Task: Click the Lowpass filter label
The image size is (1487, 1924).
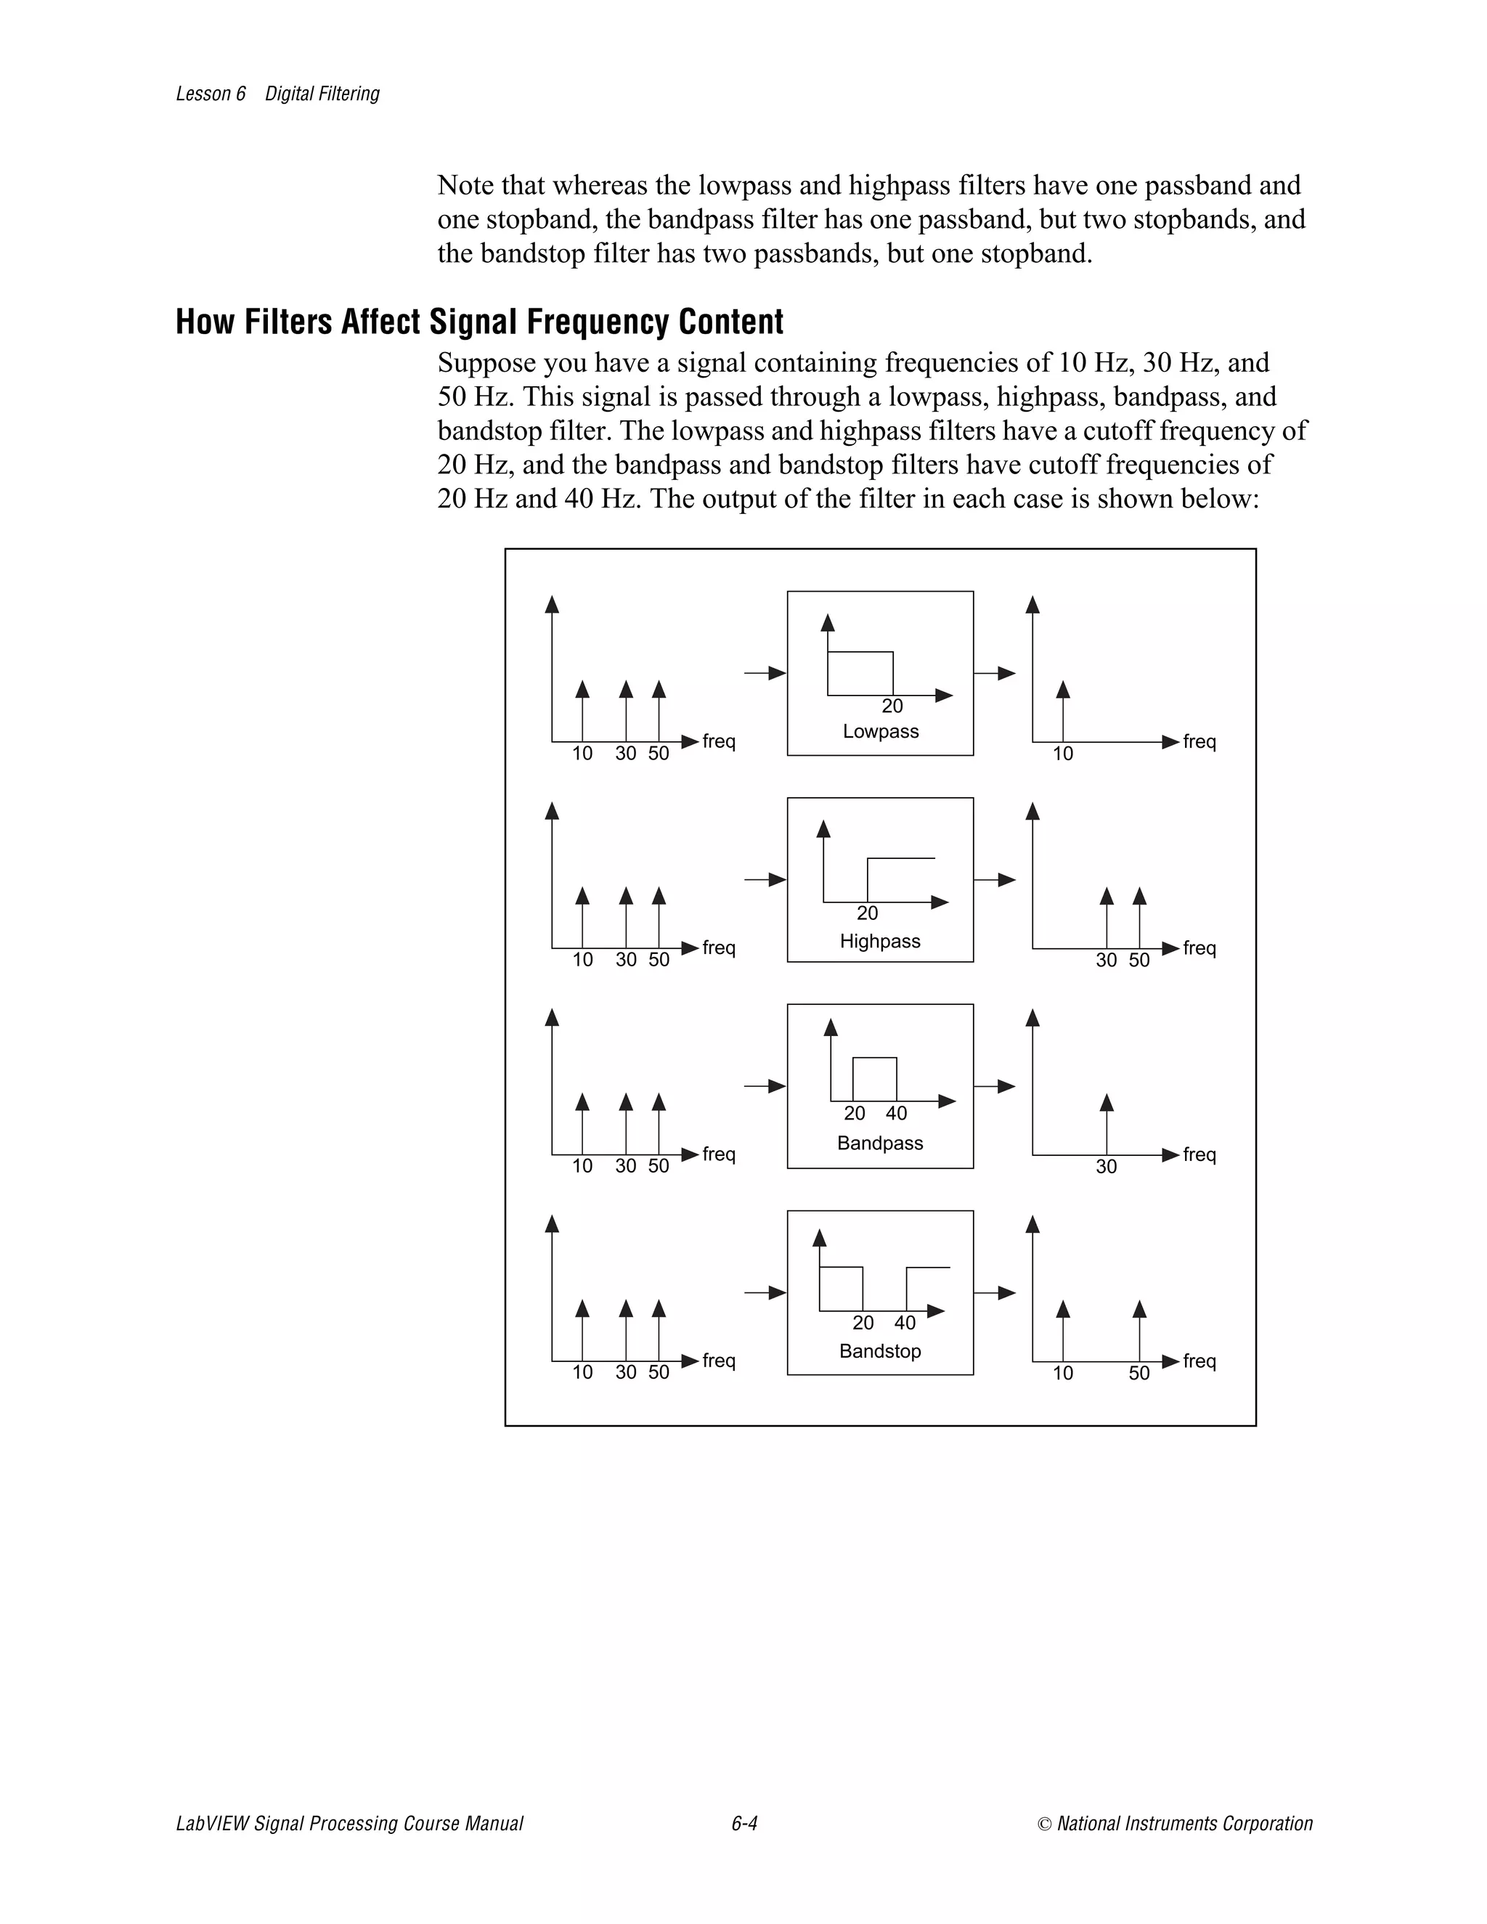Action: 880,731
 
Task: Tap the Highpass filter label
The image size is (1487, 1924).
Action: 879,941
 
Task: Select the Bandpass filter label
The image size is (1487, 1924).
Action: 879,1143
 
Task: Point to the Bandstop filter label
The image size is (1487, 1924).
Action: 879,1350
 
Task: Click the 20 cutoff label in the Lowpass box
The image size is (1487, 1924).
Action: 892,706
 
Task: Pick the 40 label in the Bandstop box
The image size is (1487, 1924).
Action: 905,1322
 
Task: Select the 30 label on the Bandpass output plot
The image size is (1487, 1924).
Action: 1106,1167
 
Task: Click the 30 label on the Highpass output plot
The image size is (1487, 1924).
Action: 1106,961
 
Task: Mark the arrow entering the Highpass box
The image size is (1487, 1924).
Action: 765,879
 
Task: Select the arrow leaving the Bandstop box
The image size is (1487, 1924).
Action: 995,1292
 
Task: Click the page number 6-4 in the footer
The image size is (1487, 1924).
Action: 743,1822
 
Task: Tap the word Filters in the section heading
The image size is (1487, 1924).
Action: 288,322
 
